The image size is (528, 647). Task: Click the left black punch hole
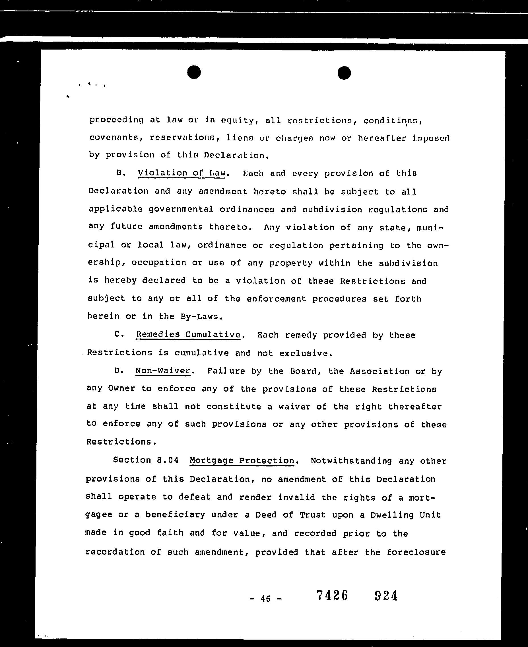click(x=194, y=72)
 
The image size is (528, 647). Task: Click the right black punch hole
click(x=344, y=73)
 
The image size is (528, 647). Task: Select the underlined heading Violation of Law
click(x=181, y=173)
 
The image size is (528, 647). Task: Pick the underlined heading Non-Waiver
click(x=163, y=370)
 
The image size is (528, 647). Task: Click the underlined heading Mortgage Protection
click(x=242, y=460)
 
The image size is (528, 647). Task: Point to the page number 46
click(x=265, y=599)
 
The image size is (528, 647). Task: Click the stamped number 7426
click(x=332, y=595)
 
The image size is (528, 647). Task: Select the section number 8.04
click(x=167, y=460)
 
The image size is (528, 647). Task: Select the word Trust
click(x=312, y=515)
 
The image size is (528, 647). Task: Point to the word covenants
click(x=114, y=137)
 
